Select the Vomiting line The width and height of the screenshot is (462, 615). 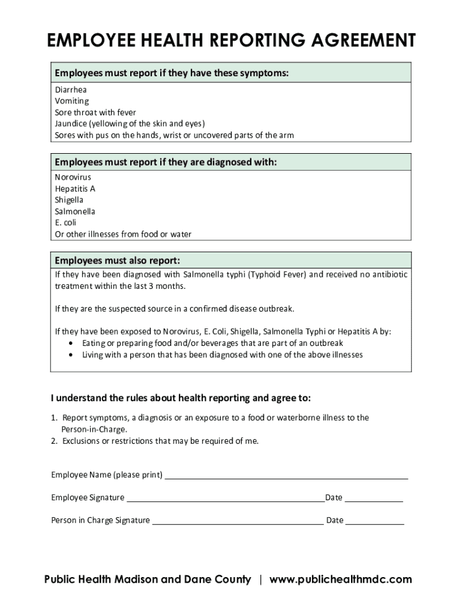[72, 101]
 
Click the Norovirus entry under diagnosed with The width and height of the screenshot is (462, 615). [73, 177]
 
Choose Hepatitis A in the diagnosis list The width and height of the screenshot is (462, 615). [75, 189]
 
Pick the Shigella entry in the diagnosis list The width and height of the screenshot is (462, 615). [69, 200]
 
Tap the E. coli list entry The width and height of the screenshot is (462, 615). [65, 223]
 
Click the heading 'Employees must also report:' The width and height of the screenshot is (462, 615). [118, 261]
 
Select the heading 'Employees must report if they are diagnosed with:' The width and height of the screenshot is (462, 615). [166, 163]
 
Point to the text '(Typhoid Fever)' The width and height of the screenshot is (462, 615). [277, 274]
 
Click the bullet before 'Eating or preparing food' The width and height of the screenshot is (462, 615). [72, 344]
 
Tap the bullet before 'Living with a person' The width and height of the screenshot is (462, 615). [72, 355]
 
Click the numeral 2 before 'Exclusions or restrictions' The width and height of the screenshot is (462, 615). [53, 441]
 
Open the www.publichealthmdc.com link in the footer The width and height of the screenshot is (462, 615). [341, 580]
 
